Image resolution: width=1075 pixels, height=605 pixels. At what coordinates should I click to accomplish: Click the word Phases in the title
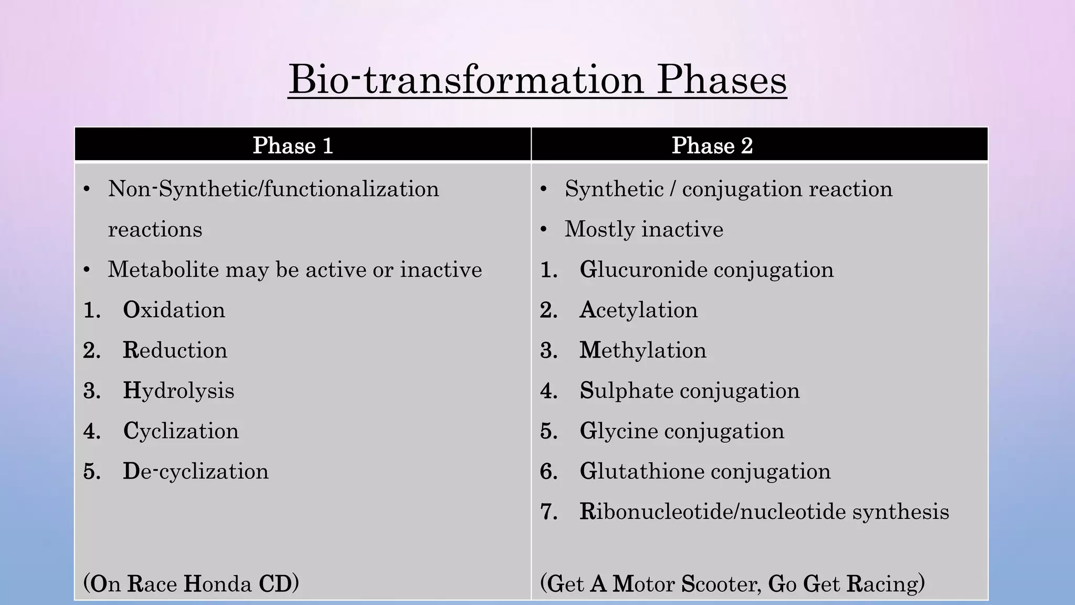[722, 80]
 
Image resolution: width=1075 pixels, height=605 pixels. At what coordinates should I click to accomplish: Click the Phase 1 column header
[293, 145]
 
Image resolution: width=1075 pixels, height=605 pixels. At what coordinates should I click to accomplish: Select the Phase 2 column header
[712, 145]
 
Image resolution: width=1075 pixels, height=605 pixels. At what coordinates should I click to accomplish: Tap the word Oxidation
[174, 310]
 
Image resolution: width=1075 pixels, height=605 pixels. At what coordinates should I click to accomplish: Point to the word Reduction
[175, 350]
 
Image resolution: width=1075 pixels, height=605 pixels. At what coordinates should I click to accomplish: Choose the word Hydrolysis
[178, 391]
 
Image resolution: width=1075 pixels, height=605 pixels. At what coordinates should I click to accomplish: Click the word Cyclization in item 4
[181, 431]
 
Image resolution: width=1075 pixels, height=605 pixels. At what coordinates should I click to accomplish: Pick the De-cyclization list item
[195, 471]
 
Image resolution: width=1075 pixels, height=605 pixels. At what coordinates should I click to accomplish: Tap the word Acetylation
[638, 310]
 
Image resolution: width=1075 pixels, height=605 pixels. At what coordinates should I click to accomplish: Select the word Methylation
[642, 350]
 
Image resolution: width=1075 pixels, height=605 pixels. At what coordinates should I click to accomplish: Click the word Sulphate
[627, 391]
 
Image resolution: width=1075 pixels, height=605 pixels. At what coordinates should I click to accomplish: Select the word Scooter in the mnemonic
[720, 584]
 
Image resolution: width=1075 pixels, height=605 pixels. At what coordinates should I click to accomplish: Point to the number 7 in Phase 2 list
[549, 512]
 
